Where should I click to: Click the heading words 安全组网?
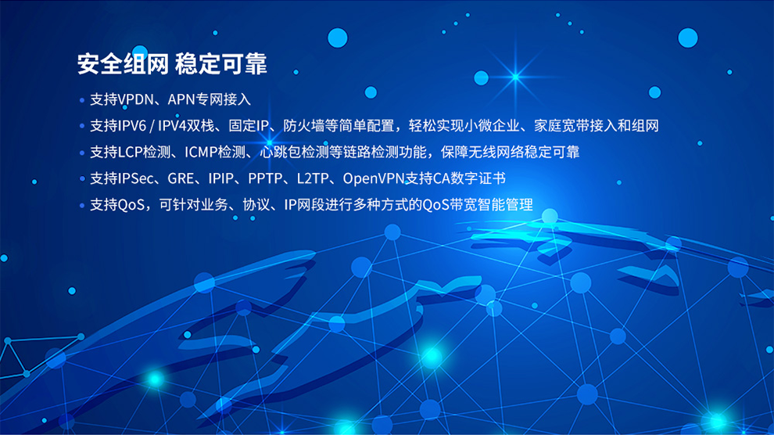click(x=123, y=64)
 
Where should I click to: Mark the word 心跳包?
click(x=281, y=153)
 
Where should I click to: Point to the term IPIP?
click(x=221, y=179)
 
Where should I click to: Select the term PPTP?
click(x=264, y=179)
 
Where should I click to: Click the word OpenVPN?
click(x=371, y=179)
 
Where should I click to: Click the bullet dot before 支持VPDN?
click(x=82, y=100)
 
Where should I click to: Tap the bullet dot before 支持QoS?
click(x=82, y=206)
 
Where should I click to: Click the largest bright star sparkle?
click(x=514, y=76)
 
